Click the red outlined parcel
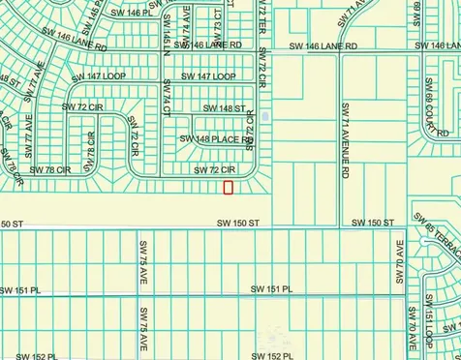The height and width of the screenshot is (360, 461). tap(229, 187)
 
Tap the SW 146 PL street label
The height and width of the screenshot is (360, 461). tap(132, 13)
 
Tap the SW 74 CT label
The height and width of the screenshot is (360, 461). tap(168, 104)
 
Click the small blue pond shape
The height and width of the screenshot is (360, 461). tap(265, 117)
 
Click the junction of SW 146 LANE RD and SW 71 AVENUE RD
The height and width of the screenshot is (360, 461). tap(340, 46)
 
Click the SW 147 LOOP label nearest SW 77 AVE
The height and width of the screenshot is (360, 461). tap(86, 75)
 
